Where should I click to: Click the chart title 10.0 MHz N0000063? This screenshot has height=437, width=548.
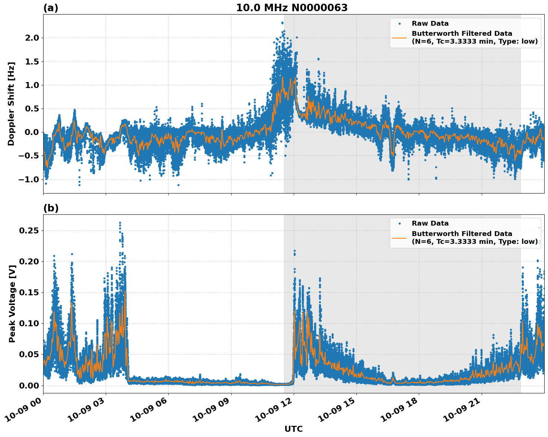coord(292,8)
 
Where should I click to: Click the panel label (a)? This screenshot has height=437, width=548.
coord(51,8)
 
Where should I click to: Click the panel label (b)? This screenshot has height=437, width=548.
coord(51,208)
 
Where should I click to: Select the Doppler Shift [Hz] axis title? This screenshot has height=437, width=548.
coord(11,104)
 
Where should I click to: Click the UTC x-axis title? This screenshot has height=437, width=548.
coord(293,429)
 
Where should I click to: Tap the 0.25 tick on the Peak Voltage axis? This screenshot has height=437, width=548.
coord(29,230)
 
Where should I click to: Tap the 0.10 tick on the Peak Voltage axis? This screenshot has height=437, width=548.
coord(29,323)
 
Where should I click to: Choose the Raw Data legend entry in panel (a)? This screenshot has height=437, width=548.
coord(430,23)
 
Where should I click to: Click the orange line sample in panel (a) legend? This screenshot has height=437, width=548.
coord(399,37)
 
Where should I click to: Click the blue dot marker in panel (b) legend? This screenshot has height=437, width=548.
coord(399,223)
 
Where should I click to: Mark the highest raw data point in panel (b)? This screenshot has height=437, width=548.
coord(120,223)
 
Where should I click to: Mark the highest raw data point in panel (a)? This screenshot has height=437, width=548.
coord(282,23)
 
